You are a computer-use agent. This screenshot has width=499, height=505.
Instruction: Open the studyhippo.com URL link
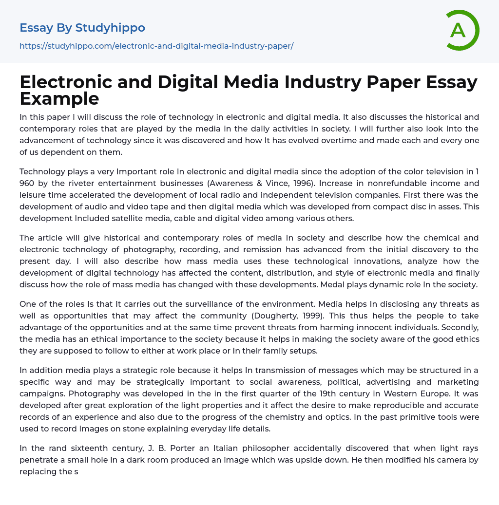tap(156, 46)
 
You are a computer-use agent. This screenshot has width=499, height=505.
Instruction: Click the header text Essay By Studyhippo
tap(82, 28)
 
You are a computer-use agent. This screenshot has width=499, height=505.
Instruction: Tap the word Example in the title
tap(59, 98)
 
